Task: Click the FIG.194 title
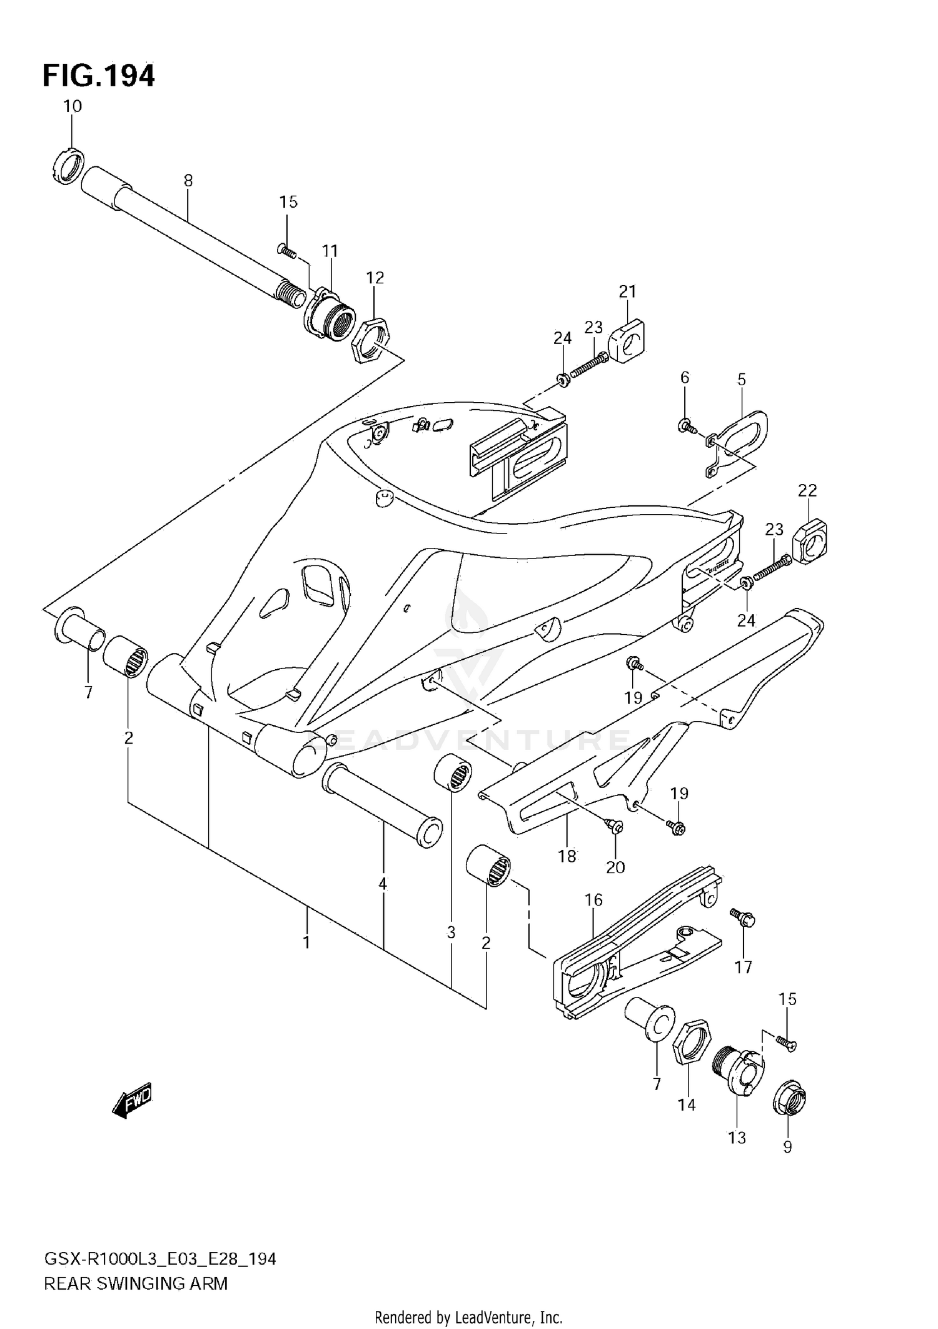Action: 98,76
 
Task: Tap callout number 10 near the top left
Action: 73,106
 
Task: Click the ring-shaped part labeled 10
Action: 66,167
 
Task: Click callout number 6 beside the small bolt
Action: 685,377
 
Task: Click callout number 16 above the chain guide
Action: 593,900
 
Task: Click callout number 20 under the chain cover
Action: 615,867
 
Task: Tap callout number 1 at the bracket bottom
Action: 306,942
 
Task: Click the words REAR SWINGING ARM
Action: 136,1284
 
